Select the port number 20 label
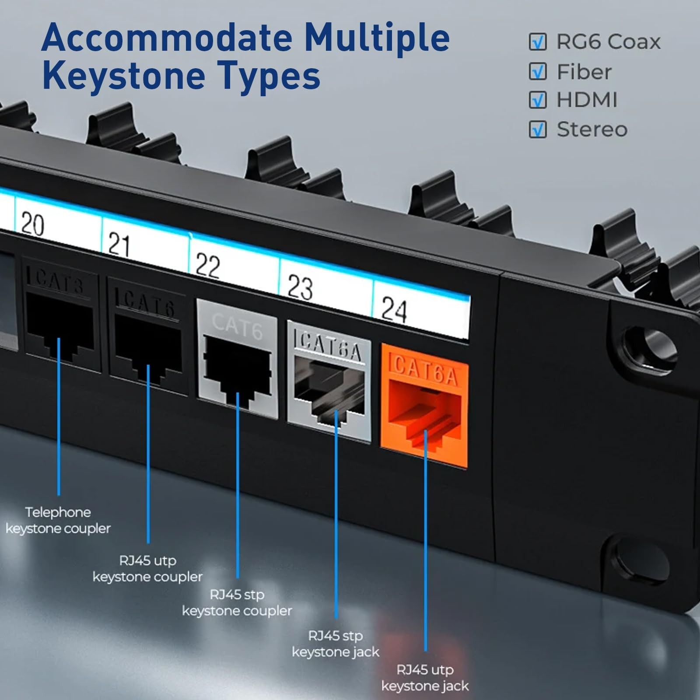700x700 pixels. click(32, 224)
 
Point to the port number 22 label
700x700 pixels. click(207, 265)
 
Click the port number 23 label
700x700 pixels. click(300, 287)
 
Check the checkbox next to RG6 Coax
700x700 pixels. click(538, 42)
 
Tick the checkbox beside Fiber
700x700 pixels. click(538, 71)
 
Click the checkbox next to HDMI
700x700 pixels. click(538, 100)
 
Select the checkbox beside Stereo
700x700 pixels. click(538, 129)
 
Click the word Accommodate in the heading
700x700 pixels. click(167, 38)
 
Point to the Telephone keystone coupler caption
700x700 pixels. click(58, 520)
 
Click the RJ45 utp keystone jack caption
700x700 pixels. click(425, 678)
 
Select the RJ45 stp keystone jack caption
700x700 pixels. click(336, 644)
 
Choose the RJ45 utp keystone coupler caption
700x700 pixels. click(148, 568)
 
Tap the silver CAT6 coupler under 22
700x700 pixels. click(238, 359)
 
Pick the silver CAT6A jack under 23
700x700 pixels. click(329, 381)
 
